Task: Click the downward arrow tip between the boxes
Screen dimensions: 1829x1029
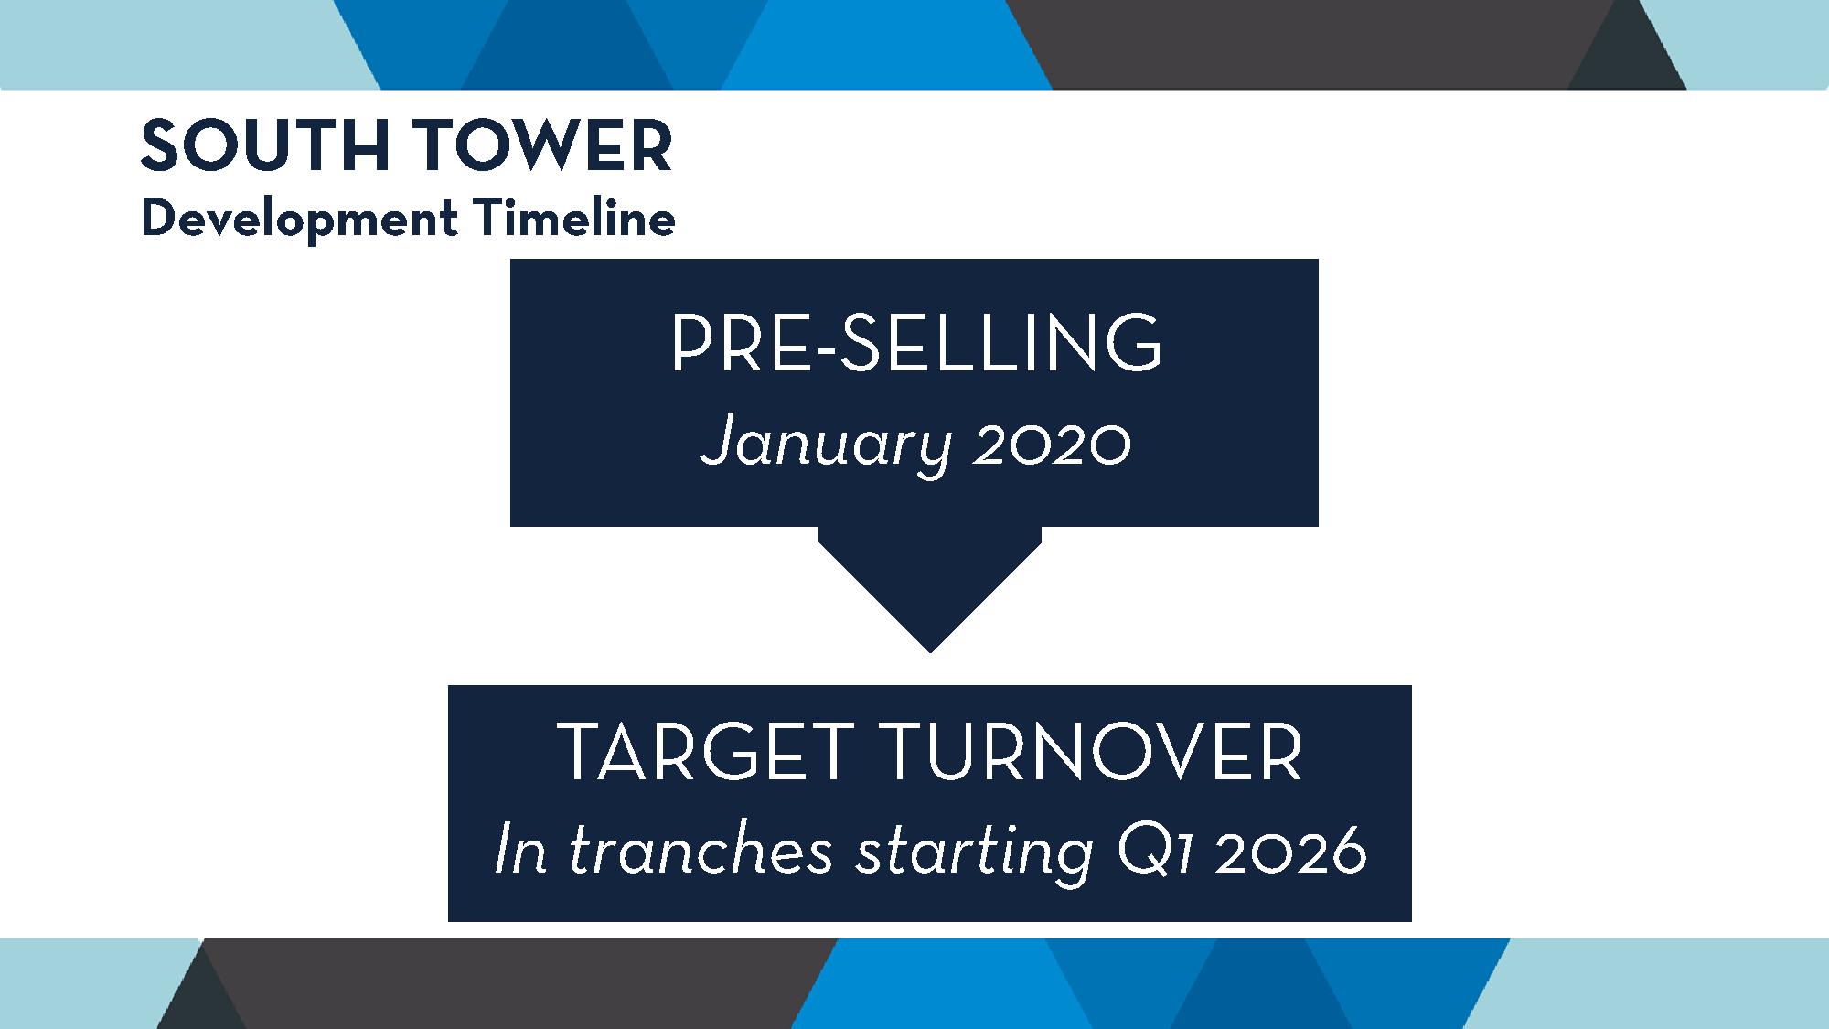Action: pos(930,651)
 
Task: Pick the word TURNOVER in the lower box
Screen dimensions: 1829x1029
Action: pos(1094,752)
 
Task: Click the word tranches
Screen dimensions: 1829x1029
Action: pos(701,852)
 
